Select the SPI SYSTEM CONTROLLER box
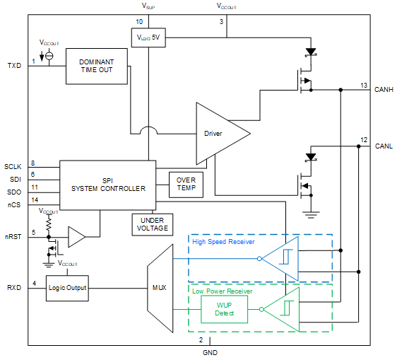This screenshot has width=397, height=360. click(107, 184)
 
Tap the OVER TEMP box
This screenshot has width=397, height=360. click(186, 184)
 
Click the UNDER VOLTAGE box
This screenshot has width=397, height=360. click(152, 224)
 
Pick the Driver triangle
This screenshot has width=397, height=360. click(218, 133)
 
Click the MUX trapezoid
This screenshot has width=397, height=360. click(160, 288)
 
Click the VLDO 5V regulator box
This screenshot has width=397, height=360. click(148, 37)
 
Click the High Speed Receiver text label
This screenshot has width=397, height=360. click(223, 242)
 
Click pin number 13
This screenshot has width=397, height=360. click(363, 85)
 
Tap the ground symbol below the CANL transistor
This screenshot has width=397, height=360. click(308, 211)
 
